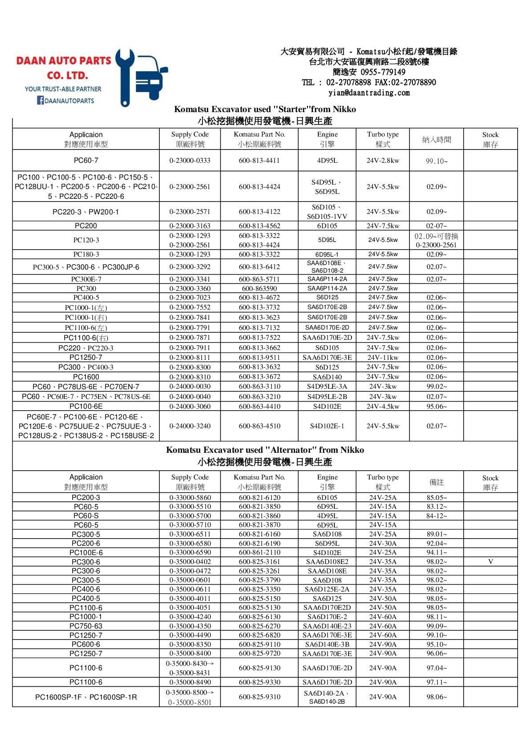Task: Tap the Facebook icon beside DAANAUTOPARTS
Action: (40, 101)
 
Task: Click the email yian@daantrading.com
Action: (369, 93)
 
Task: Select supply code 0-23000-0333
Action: (190, 161)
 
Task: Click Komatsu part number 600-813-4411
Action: (259, 161)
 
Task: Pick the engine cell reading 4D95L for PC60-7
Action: (327, 161)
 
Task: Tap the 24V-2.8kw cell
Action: (383, 161)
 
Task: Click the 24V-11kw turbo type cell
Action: (383, 358)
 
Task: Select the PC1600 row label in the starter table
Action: (86, 377)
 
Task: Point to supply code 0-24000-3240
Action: (190, 426)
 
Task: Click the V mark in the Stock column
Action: (490, 562)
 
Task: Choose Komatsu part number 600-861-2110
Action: (259, 552)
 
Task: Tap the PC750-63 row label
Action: (86, 626)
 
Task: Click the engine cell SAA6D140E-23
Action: (327, 626)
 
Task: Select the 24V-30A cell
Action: (383, 544)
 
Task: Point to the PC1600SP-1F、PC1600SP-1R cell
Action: (86, 697)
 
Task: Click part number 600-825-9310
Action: (259, 697)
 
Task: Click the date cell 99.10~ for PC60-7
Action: (437, 161)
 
